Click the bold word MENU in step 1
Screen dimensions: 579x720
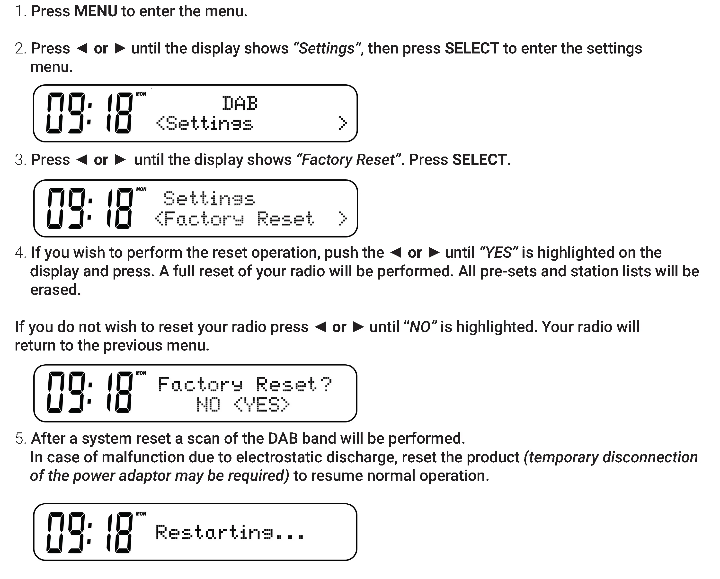pos(96,11)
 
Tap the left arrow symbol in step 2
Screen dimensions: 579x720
pos(82,48)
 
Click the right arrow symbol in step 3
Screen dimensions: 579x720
pos(120,160)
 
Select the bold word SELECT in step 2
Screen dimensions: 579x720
pos(472,48)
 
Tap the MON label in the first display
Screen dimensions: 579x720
pos(141,94)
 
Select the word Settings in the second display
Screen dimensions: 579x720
pos(209,199)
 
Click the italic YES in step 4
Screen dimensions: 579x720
pos(498,253)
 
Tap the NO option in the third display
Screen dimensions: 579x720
pos(208,405)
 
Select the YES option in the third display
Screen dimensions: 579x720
pos(261,405)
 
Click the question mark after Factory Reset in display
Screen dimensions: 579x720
pos(326,384)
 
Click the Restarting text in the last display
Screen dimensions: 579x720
pos(230,532)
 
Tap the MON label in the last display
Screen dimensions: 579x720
pos(141,514)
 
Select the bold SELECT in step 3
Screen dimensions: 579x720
pos(479,160)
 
